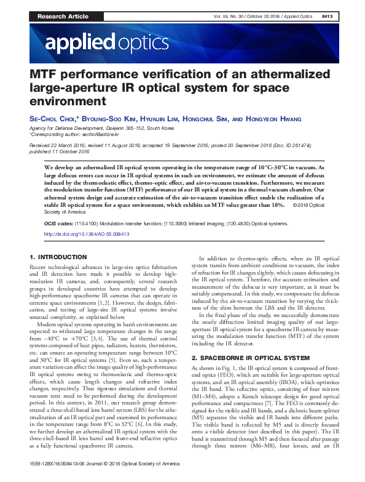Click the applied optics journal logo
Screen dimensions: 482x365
[106, 42]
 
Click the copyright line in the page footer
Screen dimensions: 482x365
[103, 478]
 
